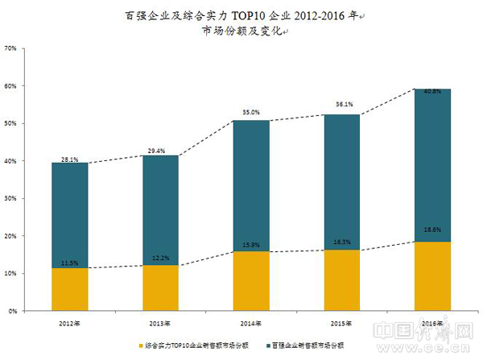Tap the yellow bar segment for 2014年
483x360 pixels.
pos(251,281)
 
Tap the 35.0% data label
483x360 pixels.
pos(251,113)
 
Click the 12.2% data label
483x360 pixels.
pos(161,257)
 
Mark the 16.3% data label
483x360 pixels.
pos(343,241)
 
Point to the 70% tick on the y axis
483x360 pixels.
pos(10,48)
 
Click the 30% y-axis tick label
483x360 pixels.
pos(10,198)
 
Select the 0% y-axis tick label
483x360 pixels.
pos(13,311)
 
